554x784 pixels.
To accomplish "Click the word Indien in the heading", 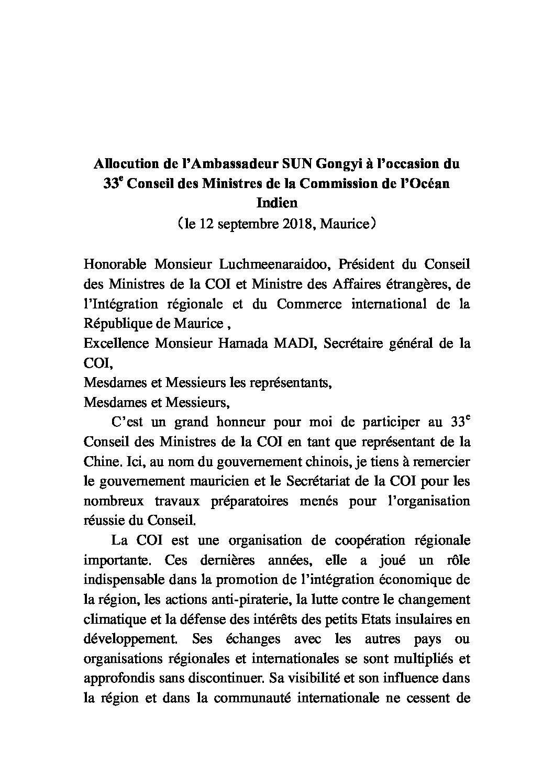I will pos(276,203).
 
